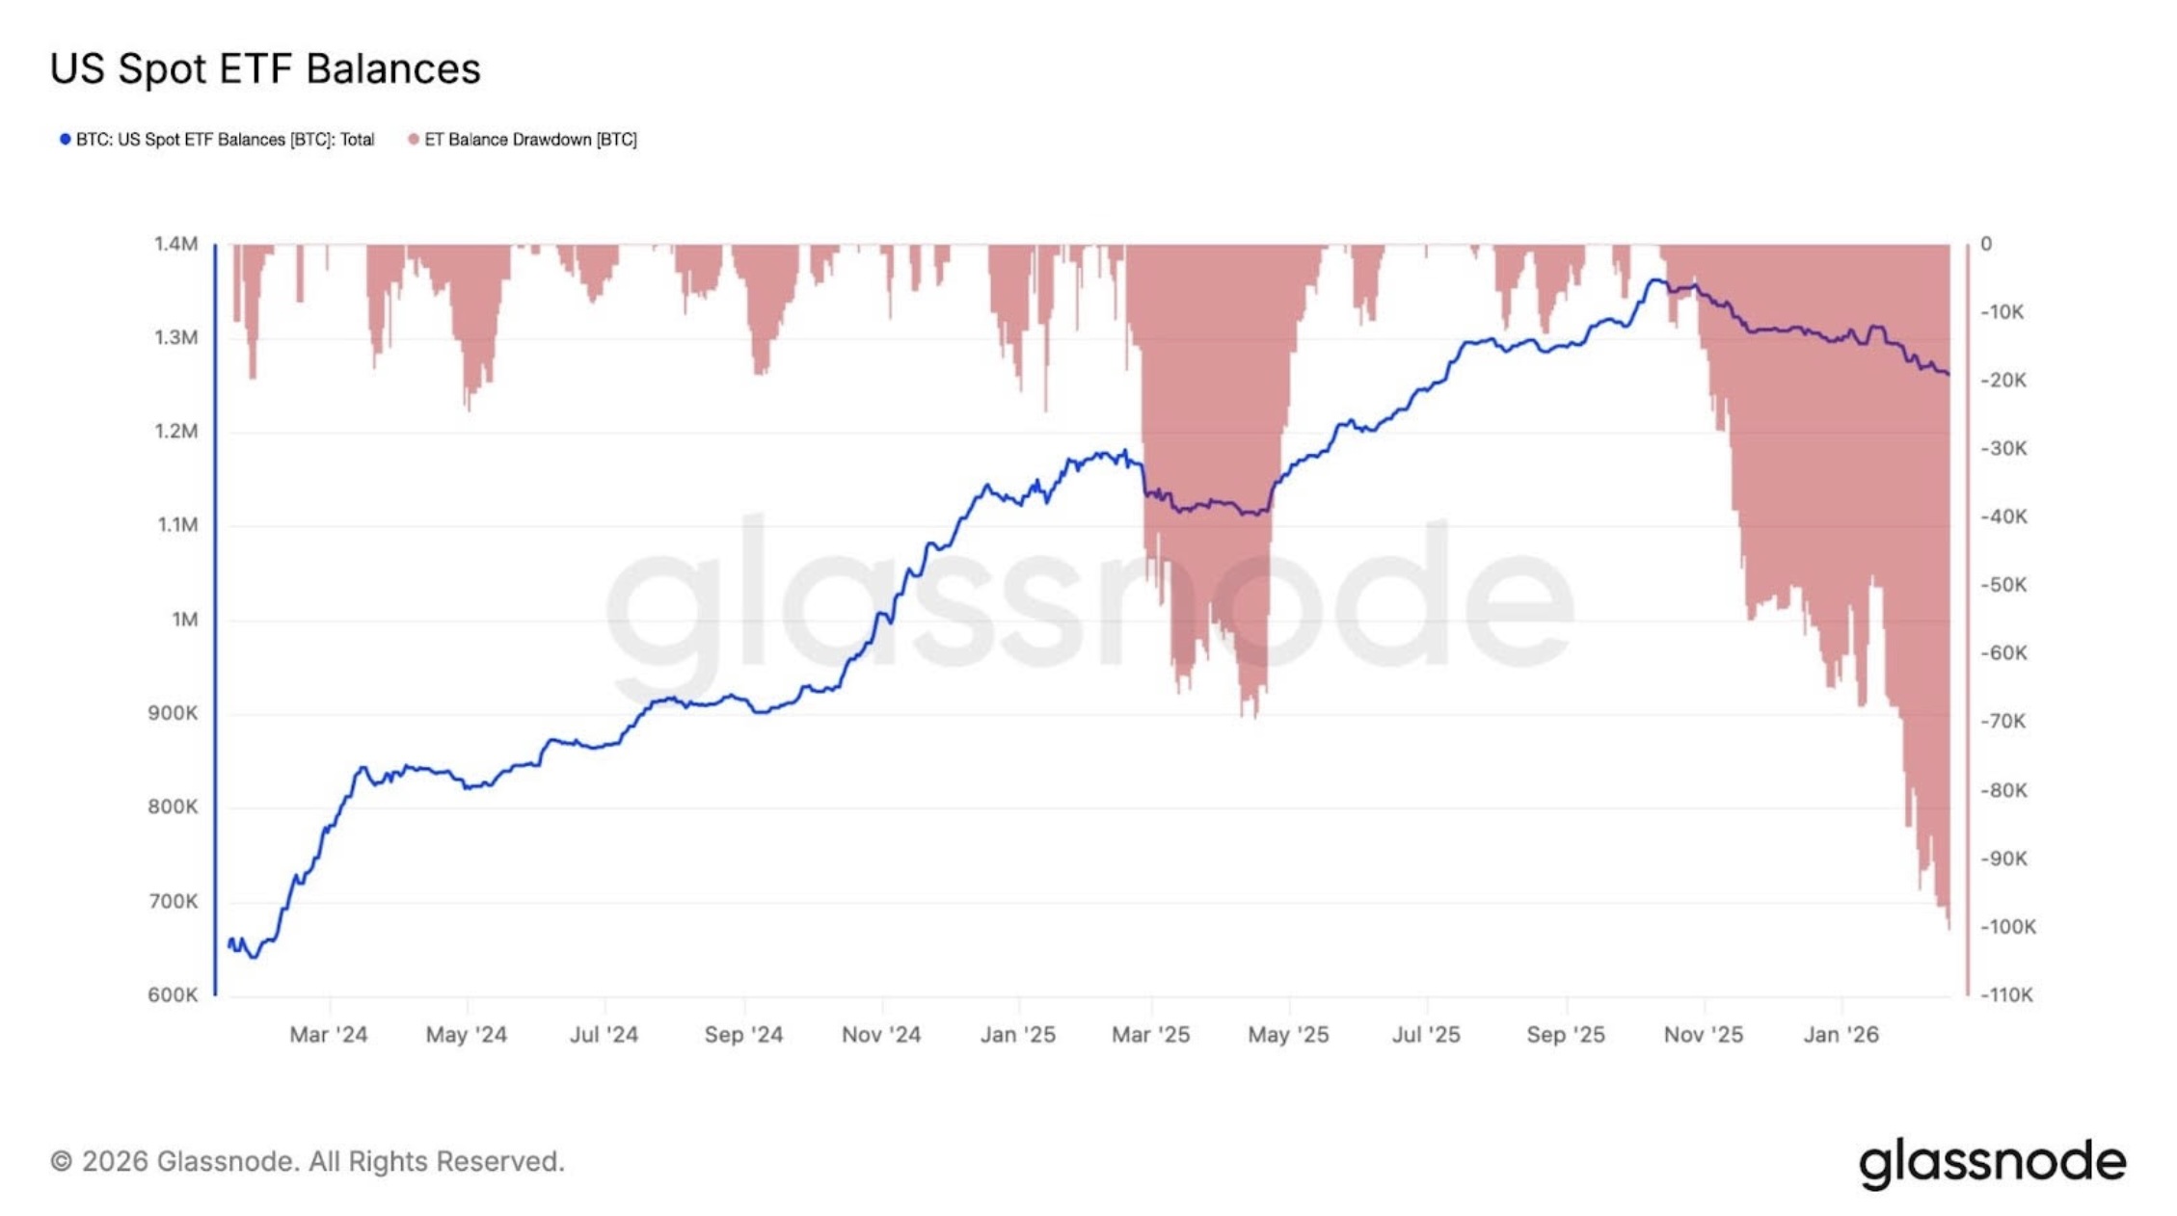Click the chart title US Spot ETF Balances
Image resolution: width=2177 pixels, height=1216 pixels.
tap(265, 69)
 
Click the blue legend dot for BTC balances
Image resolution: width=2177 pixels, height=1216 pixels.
tap(65, 140)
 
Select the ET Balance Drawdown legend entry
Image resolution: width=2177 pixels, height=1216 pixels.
tap(530, 140)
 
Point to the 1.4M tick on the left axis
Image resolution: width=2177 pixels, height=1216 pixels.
tap(175, 244)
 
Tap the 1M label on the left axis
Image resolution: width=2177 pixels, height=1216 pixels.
tap(184, 620)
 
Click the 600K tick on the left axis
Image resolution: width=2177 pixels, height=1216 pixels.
tap(173, 994)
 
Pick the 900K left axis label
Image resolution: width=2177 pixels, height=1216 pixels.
tap(173, 713)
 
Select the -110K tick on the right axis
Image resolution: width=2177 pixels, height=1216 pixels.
tap(2006, 994)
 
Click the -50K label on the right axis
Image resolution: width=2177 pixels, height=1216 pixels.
tap(2003, 585)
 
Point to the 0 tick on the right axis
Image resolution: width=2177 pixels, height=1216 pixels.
tap(1986, 244)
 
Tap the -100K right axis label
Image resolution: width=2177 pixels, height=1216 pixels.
tap(2008, 927)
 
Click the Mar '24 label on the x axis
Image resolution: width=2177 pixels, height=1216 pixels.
tap(329, 1035)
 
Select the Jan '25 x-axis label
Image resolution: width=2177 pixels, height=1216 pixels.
tap(1018, 1035)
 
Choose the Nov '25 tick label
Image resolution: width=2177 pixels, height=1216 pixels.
tap(1704, 1035)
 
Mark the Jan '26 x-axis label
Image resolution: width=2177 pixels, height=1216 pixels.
tap(1841, 1035)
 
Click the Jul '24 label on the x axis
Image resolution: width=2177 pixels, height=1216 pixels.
tap(604, 1035)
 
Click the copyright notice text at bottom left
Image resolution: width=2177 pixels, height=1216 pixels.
tap(308, 1162)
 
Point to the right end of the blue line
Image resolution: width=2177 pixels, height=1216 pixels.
tap(1948, 374)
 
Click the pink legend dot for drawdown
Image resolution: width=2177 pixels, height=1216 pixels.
tap(414, 140)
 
